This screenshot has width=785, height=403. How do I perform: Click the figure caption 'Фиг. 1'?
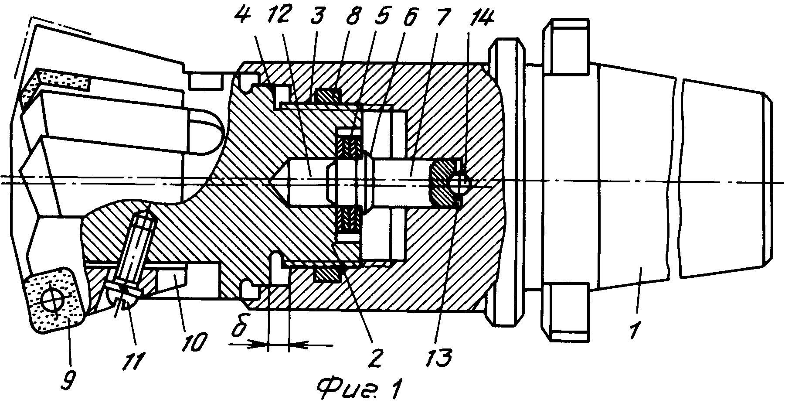[x=359, y=386]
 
